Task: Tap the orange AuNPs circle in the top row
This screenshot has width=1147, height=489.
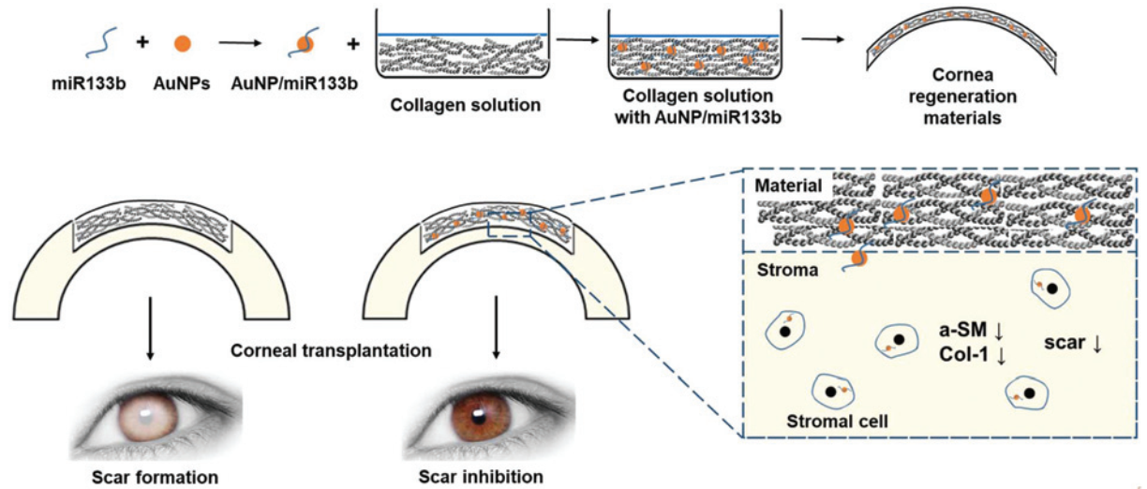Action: [183, 42]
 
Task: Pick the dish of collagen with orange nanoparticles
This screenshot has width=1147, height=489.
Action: [693, 52]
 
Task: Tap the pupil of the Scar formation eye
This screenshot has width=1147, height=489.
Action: [153, 412]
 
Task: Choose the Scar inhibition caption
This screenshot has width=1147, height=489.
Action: [482, 477]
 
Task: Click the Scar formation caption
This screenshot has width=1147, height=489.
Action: [156, 477]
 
